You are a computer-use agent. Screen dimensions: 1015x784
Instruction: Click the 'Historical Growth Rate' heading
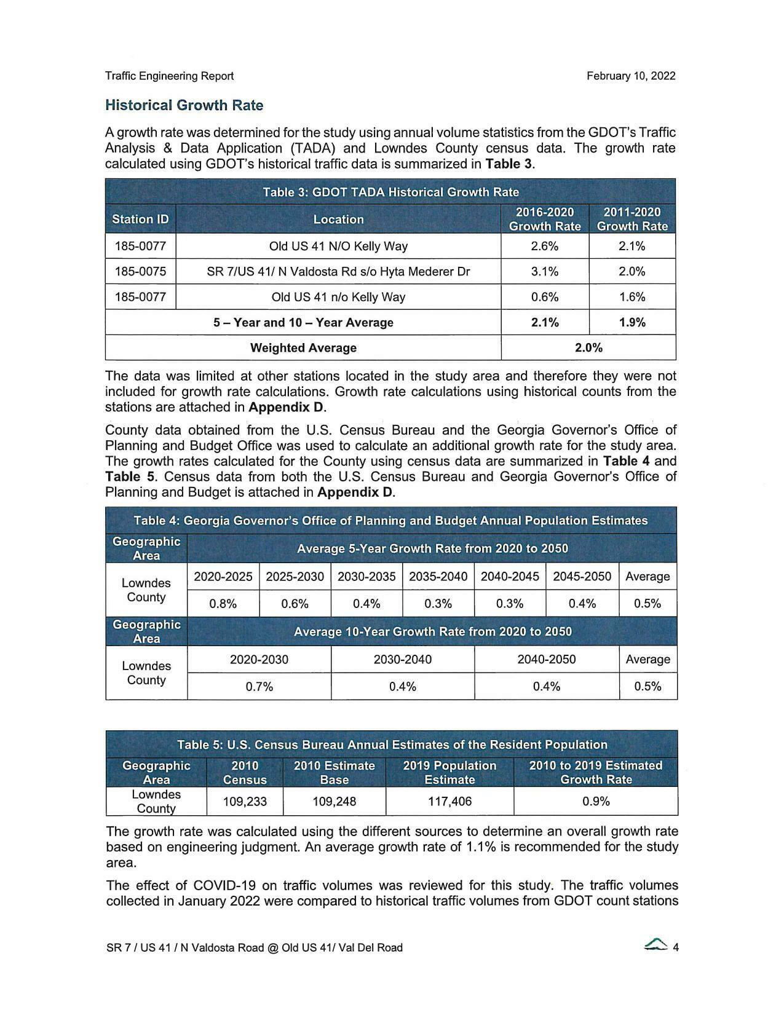[x=184, y=106]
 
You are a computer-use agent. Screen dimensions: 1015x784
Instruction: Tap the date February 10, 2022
[x=630, y=76]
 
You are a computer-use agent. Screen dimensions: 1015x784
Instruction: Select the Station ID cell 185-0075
[x=140, y=271]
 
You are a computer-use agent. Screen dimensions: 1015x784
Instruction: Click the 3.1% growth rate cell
[x=544, y=271]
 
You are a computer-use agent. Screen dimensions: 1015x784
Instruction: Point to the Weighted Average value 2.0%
[x=588, y=347]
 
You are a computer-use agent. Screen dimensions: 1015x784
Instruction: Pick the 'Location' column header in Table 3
[x=338, y=219]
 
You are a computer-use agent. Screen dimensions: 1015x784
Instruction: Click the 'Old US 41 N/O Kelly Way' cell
[x=338, y=246]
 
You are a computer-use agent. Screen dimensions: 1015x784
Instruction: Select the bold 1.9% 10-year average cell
[x=632, y=322]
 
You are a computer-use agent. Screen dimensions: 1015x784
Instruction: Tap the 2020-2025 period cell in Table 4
[x=223, y=577]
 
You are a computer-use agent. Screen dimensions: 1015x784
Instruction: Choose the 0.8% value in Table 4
[x=223, y=604]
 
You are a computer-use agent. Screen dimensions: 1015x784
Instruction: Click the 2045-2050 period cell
[x=582, y=577]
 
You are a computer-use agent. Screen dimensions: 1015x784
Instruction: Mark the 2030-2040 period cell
[x=403, y=660]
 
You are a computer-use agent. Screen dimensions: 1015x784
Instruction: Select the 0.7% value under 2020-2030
[x=259, y=686]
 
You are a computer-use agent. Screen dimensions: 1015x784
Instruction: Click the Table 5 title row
[x=392, y=744]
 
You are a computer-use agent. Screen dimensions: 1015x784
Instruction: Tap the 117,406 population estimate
[x=449, y=801]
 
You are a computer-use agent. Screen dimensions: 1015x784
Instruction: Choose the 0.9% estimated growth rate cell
[x=595, y=801]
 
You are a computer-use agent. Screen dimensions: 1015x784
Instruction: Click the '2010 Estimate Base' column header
[x=334, y=772]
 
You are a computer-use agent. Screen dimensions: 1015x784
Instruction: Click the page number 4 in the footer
[x=675, y=947]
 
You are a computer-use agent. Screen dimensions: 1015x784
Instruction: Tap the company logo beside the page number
[x=656, y=946]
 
